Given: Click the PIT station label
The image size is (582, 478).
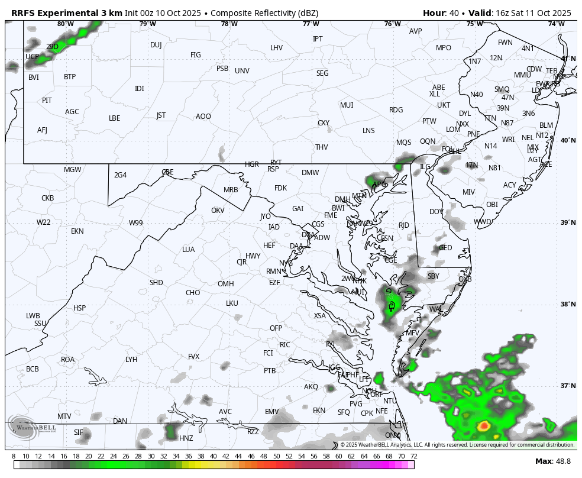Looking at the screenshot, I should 47,101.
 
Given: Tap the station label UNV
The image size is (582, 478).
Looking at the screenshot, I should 242,71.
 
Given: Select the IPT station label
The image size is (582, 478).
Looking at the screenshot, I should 318,39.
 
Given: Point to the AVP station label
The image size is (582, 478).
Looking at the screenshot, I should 416,31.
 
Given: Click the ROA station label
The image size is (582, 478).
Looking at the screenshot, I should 68,360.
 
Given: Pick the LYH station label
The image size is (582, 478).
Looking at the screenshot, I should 131,360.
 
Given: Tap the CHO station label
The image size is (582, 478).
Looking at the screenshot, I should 193,293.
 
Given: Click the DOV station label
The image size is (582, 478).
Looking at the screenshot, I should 436,212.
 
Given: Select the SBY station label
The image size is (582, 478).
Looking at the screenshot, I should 434,276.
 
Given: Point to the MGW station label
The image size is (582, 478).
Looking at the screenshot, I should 72,170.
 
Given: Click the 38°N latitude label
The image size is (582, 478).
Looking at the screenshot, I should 568,305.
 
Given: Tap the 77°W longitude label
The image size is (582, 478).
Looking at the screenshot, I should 311,24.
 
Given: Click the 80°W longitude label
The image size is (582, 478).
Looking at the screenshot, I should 66,24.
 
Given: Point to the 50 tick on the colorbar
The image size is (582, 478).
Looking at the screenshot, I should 276,456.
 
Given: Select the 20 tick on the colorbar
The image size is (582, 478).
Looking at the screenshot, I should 88,456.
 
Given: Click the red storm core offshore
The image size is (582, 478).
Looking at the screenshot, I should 484,425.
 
